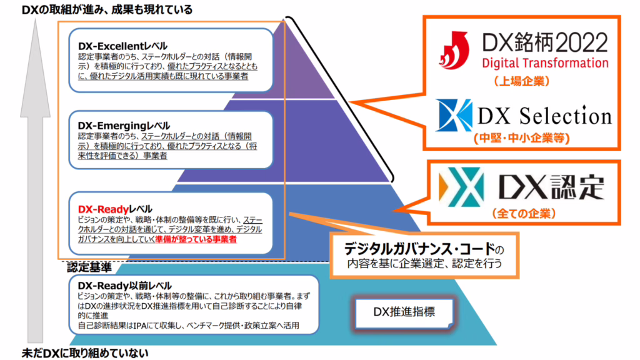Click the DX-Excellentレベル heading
[122, 46]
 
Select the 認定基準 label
[89, 267]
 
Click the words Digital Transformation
[544, 63]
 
